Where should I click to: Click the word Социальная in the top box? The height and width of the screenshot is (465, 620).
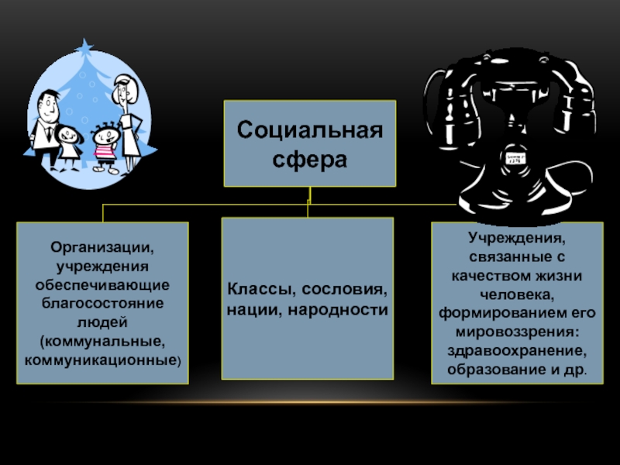pos(309,129)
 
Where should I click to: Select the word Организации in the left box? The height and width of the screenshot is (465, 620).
pos(103,249)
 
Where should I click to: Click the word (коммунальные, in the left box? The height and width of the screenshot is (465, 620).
pos(103,342)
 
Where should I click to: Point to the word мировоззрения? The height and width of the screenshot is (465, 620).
pos(516,332)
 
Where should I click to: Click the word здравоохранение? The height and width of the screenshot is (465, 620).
pos(516,350)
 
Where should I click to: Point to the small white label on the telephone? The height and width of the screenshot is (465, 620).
pos(515,158)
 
